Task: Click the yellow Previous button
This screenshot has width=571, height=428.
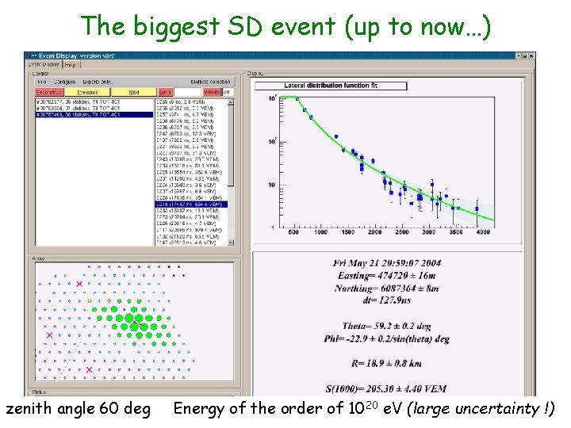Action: (87, 92)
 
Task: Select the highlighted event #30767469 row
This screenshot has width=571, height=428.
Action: (87, 114)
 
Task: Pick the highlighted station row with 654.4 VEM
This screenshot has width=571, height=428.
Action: (190, 204)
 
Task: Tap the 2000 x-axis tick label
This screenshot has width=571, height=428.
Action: (374, 233)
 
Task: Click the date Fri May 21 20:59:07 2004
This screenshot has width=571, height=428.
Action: (397, 263)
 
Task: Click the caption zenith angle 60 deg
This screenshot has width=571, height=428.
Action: (78, 410)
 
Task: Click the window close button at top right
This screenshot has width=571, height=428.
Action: (531, 56)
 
